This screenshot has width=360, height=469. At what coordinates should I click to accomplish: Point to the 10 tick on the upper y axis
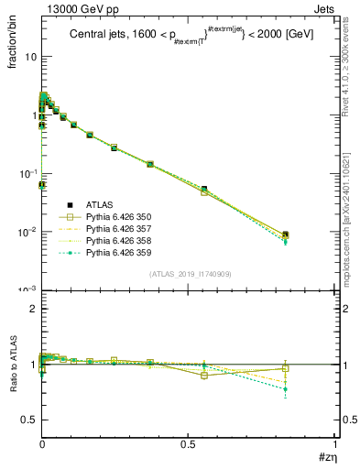click(x=29, y=58)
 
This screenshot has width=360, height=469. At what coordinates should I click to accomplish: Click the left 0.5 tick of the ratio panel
click(x=29, y=420)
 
